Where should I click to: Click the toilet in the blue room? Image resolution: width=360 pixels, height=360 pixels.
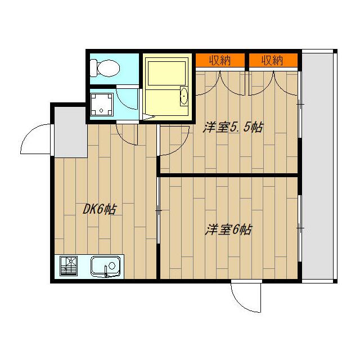click(108, 68)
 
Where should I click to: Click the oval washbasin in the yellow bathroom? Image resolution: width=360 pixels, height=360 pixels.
click(183, 97)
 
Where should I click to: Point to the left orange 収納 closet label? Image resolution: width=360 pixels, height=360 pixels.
click(220, 60)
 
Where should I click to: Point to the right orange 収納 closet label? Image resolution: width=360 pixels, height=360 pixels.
click(272, 60)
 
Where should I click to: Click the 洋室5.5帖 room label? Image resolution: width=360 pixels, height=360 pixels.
click(232, 128)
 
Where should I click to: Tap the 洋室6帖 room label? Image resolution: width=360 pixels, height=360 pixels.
click(228, 229)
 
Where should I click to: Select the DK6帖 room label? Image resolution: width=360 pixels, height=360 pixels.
click(100, 210)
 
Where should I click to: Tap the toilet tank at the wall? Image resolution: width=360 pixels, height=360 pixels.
click(96, 68)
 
